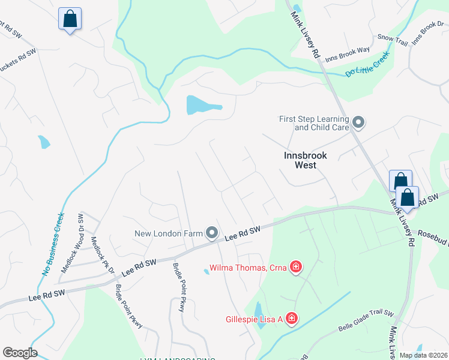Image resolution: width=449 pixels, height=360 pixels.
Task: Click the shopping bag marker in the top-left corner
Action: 70,19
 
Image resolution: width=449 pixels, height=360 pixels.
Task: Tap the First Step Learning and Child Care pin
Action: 358,123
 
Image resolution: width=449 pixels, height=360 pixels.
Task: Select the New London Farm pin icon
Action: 211,232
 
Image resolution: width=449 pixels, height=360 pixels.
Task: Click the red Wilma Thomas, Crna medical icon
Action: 295,266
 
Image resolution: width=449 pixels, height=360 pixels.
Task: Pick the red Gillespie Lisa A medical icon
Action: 292,318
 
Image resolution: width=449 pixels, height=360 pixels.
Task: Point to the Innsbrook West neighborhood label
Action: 306,160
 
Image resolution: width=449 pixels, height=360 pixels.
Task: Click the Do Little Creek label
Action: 367,64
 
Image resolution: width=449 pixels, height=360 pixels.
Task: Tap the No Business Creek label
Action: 52,243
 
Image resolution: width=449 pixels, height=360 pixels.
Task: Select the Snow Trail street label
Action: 393,37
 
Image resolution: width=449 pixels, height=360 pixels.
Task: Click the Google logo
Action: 20,353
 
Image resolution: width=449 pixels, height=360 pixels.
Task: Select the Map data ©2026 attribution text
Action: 423,355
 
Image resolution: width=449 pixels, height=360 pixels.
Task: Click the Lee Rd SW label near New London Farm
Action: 243,233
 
